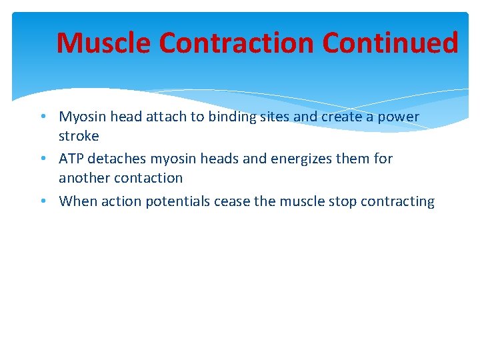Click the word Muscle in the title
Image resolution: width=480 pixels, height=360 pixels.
[104, 43]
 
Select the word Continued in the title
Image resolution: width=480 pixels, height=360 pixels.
[391, 43]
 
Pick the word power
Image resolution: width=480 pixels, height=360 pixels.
[398, 117]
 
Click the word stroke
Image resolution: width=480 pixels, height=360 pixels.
[79, 136]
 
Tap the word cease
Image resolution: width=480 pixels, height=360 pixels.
[232, 201]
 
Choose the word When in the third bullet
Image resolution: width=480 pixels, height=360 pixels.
[77, 201]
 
